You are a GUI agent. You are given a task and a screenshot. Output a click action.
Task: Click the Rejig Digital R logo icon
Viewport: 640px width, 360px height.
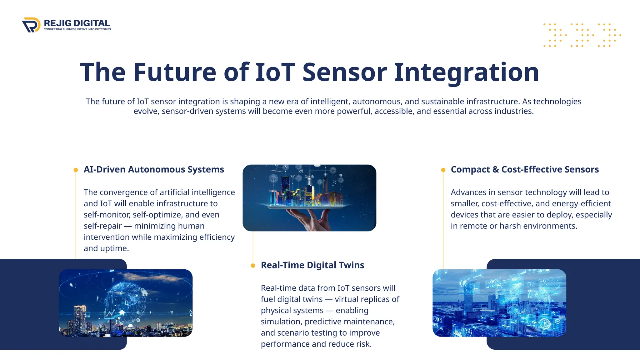point(31,25)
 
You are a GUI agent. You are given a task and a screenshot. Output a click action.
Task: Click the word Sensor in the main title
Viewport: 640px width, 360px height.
point(345,72)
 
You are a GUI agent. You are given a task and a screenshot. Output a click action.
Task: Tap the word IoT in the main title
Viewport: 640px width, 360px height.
point(275,72)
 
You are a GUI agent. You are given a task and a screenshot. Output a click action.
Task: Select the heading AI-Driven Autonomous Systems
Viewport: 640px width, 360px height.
point(154,169)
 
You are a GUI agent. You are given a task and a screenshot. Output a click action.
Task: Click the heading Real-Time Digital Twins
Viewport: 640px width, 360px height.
point(312,265)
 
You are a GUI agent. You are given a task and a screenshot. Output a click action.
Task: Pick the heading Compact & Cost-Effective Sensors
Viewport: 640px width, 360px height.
point(525,169)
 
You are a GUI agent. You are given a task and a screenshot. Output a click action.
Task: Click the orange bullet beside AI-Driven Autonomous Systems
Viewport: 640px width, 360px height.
point(76,170)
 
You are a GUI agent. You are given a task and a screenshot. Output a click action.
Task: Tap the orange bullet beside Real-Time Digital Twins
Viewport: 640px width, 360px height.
point(253,266)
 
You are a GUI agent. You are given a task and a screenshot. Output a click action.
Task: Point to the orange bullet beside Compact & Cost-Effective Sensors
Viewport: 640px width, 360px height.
point(443,170)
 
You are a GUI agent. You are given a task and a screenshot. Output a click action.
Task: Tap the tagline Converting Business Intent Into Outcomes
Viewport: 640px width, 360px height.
point(77,29)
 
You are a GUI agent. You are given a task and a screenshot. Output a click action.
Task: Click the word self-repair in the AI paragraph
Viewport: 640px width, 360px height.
point(102,226)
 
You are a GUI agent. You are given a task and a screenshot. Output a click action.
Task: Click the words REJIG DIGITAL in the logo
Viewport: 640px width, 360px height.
point(77,23)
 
